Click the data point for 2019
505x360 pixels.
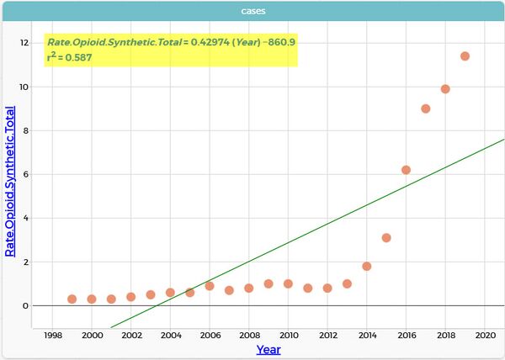point(465,56)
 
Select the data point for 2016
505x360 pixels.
point(406,170)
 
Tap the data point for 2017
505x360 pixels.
point(426,109)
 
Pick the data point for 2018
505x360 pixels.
point(445,89)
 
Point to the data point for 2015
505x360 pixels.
point(386,238)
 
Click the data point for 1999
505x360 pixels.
point(72,299)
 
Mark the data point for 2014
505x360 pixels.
point(367,267)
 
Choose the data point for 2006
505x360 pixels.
point(210,286)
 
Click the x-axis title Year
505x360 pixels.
point(268,349)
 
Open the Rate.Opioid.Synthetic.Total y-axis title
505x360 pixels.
point(10,181)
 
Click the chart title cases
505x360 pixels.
point(252,11)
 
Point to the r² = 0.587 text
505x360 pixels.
point(70,57)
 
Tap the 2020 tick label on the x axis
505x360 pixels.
point(485,335)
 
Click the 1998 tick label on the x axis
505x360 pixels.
point(52,335)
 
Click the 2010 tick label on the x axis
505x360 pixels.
point(288,335)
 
